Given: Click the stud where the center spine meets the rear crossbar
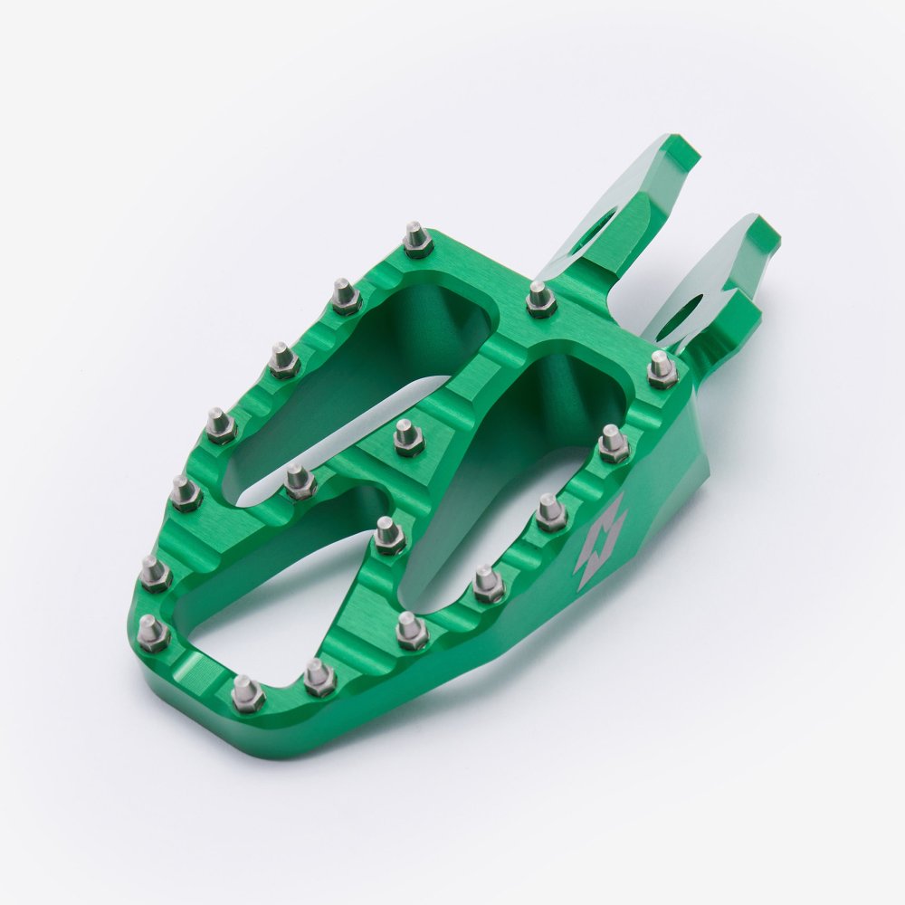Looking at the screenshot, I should pyautogui.click(x=541, y=299).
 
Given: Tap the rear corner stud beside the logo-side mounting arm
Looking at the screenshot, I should pyautogui.click(x=662, y=369).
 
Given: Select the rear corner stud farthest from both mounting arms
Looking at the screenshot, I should pyautogui.click(x=417, y=240).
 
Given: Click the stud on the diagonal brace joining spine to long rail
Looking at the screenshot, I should pyautogui.click(x=300, y=481).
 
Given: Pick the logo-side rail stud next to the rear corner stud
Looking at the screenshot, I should pyautogui.click(x=614, y=444).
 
